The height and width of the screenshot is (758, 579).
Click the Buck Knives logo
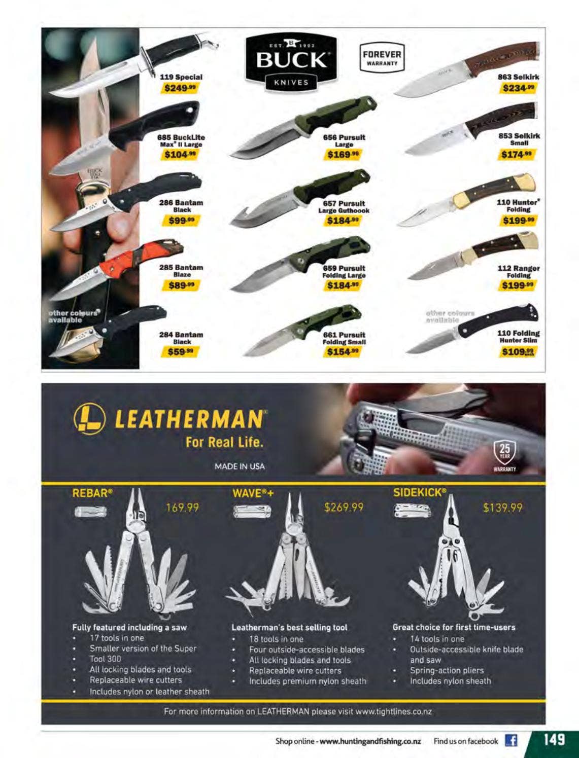[291, 63]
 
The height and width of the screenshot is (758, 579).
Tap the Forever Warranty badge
[382, 57]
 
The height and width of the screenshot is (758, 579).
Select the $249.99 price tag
[180, 88]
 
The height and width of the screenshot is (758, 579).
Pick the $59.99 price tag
[180, 352]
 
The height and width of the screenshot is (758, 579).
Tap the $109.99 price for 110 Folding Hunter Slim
[518, 352]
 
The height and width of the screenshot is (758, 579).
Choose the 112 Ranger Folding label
[519, 271]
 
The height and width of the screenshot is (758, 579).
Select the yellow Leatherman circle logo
[89, 419]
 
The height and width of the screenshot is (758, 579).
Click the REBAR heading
[92, 493]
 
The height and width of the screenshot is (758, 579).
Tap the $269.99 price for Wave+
[344, 508]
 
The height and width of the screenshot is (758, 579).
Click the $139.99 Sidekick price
[503, 508]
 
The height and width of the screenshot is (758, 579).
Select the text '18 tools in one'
[276, 639]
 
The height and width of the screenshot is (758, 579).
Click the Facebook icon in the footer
[511, 741]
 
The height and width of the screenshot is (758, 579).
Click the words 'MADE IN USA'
[240, 466]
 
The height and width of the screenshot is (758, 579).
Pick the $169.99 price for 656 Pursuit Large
[343, 154]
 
